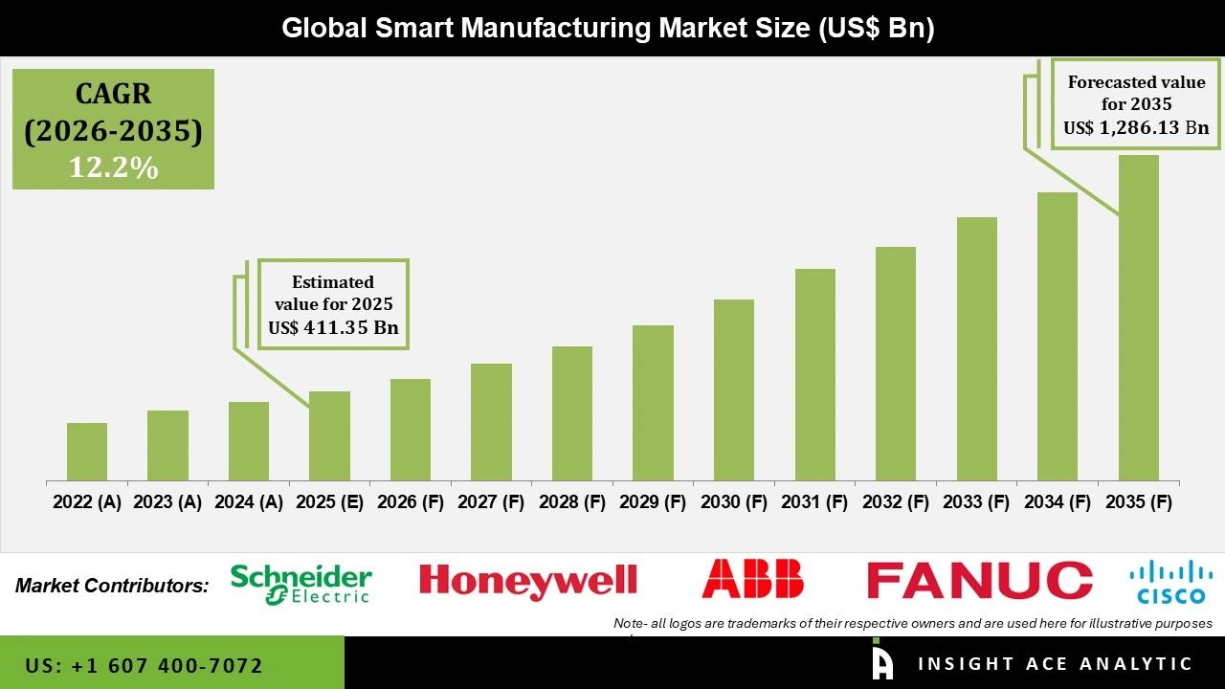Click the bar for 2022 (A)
pos(87,452)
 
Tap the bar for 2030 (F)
pos(734,389)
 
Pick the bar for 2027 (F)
pos(491,422)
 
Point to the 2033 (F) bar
pos(977,348)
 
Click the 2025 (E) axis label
pos(329,502)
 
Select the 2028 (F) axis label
pos(572,502)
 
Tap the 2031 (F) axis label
pos(815,502)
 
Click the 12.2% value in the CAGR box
pos(113,167)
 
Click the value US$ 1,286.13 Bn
pos(1136,127)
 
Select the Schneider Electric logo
pos(301,584)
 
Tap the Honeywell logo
pos(528,581)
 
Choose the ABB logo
pos(752,580)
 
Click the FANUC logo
pos(979,581)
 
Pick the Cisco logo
pos(1170,582)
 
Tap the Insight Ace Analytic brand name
pos(1055,664)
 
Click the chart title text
pos(608,28)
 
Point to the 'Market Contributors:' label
pos(112,585)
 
